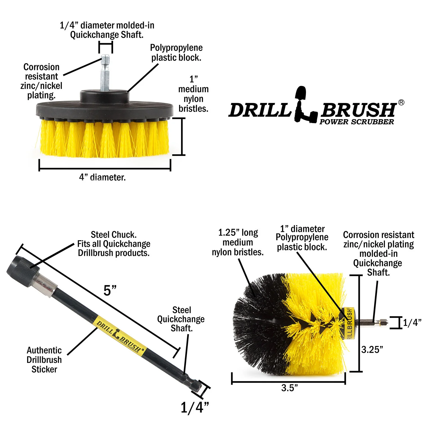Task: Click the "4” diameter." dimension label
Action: [x=102, y=177]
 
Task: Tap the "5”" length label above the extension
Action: [x=110, y=290]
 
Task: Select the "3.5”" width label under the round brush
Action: [x=289, y=388]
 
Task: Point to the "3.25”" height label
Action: [x=372, y=350]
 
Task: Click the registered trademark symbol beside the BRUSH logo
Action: [x=401, y=102]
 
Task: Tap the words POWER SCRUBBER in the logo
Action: [x=357, y=122]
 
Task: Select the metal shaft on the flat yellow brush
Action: [x=105, y=73]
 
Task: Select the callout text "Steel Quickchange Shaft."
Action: [x=181, y=319]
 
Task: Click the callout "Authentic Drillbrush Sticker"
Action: [x=44, y=360]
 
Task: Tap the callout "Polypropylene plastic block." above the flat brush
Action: [x=176, y=53]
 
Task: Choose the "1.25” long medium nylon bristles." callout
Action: [x=238, y=243]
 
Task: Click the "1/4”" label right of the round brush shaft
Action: [x=412, y=323]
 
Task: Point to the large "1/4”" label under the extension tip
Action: [x=195, y=407]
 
